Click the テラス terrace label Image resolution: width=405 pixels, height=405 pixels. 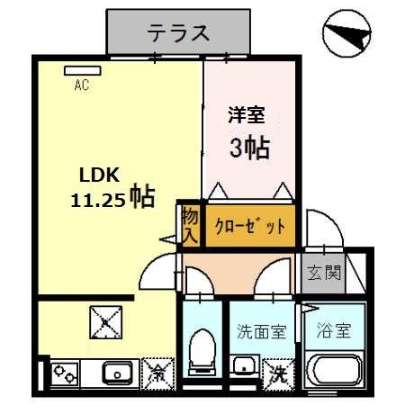pyautogui.click(x=178, y=33)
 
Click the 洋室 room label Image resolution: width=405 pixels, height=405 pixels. pyautogui.click(x=245, y=116)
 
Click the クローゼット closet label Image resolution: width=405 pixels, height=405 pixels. pyautogui.click(x=249, y=226)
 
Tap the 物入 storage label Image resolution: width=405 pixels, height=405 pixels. pyautogui.click(x=189, y=224)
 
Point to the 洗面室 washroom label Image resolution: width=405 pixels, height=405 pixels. pyautogui.click(x=261, y=331)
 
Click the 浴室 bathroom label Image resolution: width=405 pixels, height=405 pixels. pyautogui.click(x=332, y=330)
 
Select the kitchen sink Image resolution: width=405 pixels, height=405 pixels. pyautogui.click(x=117, y=372)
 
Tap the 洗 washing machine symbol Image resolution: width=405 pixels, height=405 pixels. pyautogui.click(x=278, y=371)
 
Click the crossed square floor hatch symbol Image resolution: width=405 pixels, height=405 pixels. pyautogui.click(x=105, y=320)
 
